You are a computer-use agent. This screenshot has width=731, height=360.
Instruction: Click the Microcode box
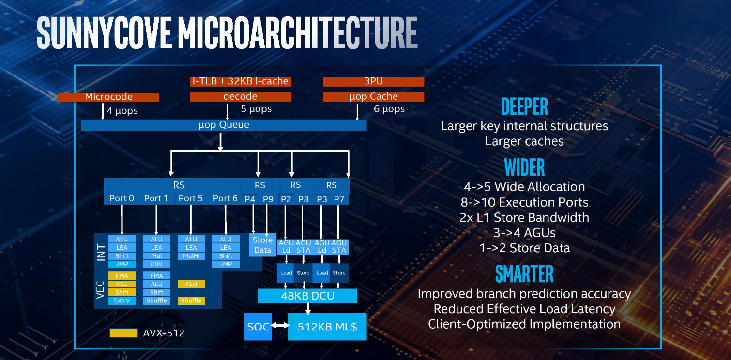pyautogui.click(x=108, y=97)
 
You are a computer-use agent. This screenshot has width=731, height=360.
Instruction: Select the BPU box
pyautogui.click(x=373, y=81)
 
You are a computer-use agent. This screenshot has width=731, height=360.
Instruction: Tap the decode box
pyautogui.click(x=240, y=97)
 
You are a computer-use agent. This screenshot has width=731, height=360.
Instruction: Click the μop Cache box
pyautogui.click(x=373, y=97)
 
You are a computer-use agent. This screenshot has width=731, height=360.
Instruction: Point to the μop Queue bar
pyautogui.click(x=224, y=125)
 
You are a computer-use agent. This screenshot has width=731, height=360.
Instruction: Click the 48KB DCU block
pyautogui.click(x=307, y=296)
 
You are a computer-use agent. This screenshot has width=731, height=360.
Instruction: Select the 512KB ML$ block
pyautogui.click(x=327, y=327)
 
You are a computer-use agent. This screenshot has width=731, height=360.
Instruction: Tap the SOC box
pyautogui.click(x=258, y=327)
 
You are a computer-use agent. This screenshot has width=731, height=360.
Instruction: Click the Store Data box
pyautogui.click(x=262, y=245)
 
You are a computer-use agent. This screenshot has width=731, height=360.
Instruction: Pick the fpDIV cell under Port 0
pyautogui.click(x=122, y=300)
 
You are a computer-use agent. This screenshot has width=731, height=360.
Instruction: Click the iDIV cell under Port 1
pyautogui.click(x=156, y=264)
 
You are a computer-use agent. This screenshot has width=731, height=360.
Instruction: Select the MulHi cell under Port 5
pyautogui.click(x=191, y=256)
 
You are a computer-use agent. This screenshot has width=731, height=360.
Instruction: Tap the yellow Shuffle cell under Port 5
pyautogui.click(x=191, y=300)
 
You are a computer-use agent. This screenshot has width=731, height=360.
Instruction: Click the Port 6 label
pyautogui.click(x=225, y=198)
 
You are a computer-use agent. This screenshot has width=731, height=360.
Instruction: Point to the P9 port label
pyautogui.click(x=268, y=199)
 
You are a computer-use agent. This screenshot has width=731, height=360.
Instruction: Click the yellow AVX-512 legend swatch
pyautogui.click(x=123, y=333)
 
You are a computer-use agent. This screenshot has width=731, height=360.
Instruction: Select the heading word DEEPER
pyautogui.click(x=524, y=106)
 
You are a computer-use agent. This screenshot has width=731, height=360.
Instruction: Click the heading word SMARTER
pyautogui.click(x=524, y=273)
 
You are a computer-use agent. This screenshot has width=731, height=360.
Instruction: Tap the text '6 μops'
pyautogui.click(x=389, y=109)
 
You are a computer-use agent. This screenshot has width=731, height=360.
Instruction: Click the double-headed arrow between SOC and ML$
pyautogui.click(x=280, y=325)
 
